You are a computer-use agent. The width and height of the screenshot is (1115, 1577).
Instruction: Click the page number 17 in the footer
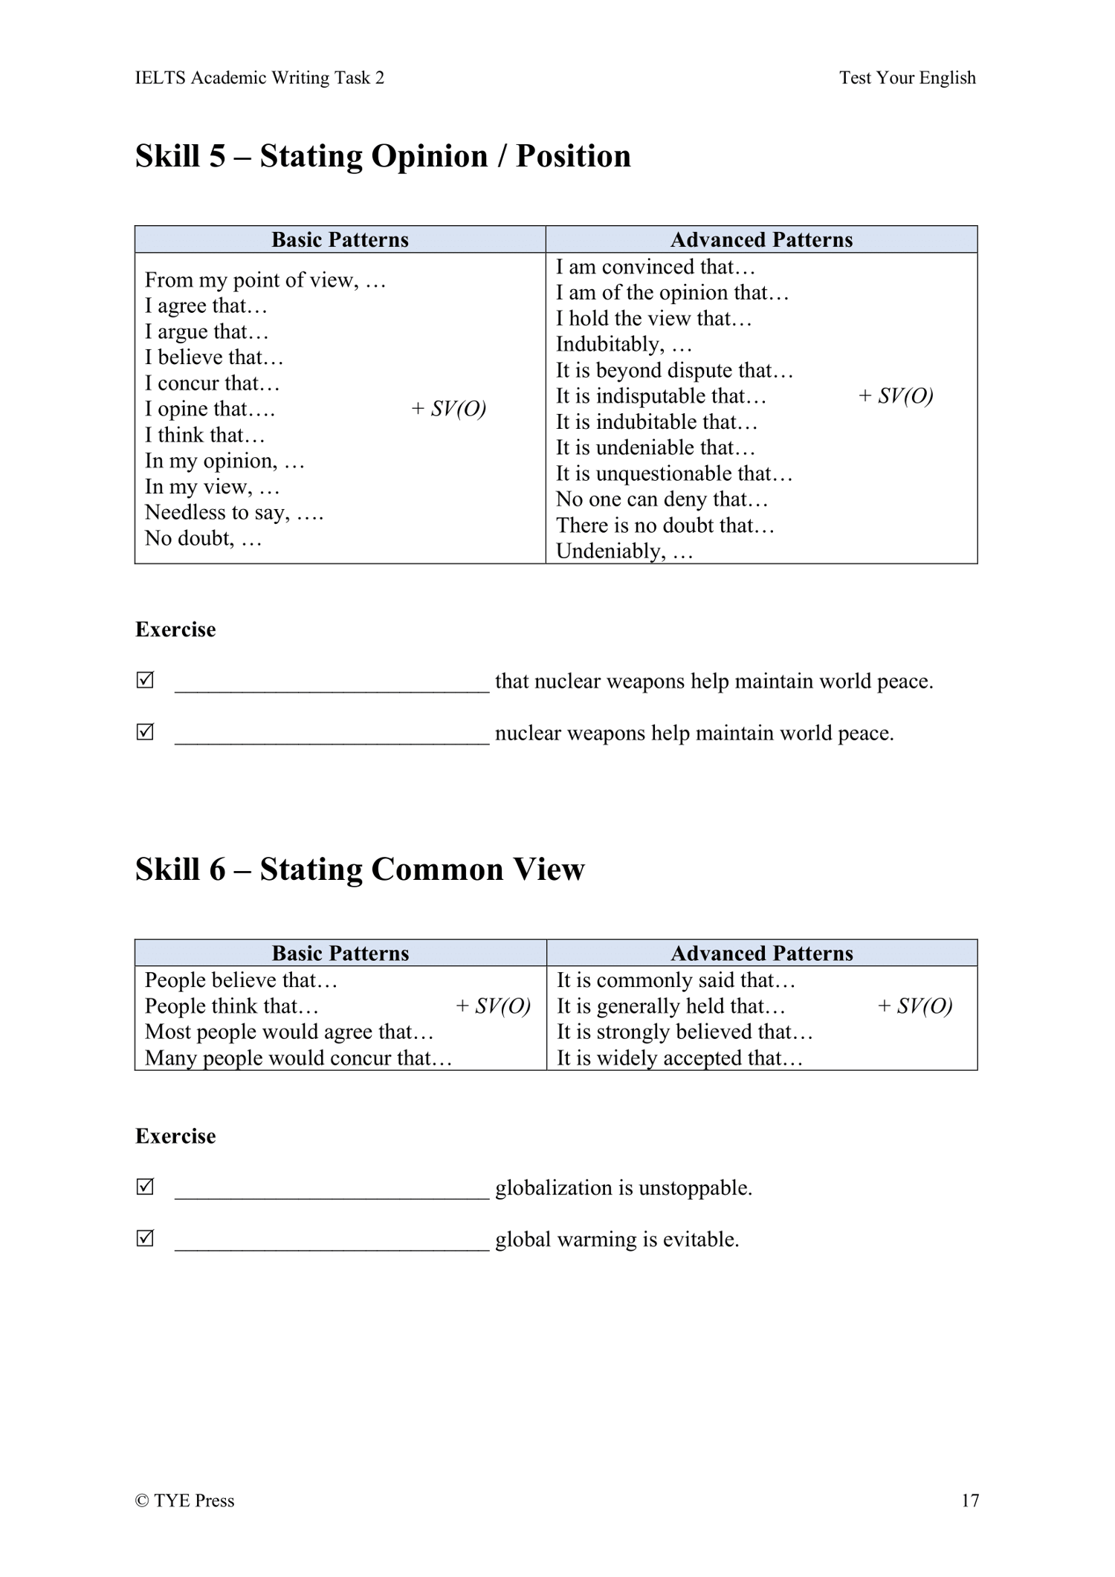click(x=970, y=1500)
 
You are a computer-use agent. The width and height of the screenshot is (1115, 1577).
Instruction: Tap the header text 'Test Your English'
click(x=907, y=78)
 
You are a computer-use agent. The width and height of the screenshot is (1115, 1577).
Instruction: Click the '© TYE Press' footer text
click(x=184, y=1500)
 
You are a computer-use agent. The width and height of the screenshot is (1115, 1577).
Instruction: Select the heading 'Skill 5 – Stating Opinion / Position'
click(x=383, y=156)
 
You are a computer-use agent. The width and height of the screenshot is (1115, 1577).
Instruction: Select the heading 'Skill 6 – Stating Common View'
click(x=360, y=870)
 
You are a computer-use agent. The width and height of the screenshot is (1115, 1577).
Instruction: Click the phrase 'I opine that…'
click(x=210, y=409)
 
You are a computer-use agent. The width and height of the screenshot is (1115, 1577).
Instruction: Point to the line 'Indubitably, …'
click(x=624, y=345)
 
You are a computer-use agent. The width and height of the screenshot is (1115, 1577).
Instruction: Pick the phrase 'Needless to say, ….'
click(x=234, y=513)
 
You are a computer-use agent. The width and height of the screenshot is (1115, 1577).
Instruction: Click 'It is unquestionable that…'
click(x=674, y=474)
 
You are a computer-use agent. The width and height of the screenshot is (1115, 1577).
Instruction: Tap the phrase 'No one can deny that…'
click(x=662, y=499)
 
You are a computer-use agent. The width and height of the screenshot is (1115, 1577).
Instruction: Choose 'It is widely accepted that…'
click(x=679, y=1058)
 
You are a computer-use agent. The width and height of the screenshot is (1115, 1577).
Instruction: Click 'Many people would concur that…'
click(x=298, y=1058)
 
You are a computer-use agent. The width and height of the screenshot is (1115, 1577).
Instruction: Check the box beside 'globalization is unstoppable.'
click(x=146, y=1187)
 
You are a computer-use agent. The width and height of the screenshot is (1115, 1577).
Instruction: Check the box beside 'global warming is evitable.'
click(x=146, y=1239)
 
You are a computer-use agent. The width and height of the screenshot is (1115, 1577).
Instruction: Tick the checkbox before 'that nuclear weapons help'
click(x=146, y=680)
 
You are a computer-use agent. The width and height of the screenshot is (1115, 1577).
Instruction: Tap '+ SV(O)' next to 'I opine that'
click(x=448, y=409)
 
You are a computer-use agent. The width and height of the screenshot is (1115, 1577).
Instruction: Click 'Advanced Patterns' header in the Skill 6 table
click(x=762, y=953)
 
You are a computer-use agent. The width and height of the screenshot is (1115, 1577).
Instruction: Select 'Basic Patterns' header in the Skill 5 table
click(x=340, y=240)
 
